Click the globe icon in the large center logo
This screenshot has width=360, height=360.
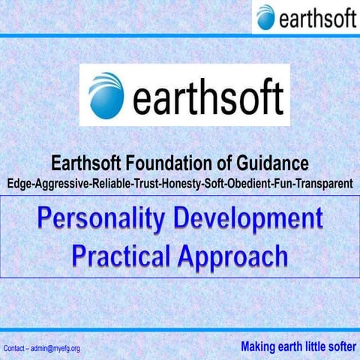point(106,95)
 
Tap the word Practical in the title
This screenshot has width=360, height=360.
point(120,256)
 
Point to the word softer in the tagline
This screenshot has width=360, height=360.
point(336,346)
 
